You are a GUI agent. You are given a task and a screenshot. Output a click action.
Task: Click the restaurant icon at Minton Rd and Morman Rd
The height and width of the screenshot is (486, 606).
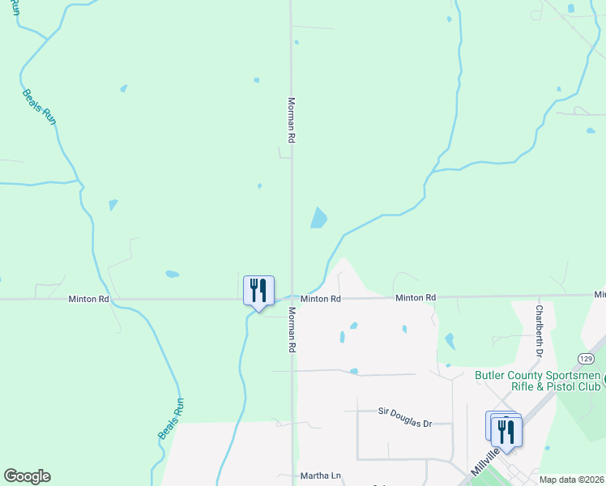click(x=258, y=291)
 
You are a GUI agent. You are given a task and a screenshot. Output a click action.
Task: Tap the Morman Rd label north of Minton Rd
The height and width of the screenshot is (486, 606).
click(x=291, y=120)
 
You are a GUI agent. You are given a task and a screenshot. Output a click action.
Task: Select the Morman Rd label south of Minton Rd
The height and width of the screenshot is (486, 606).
click(x=291, y=329)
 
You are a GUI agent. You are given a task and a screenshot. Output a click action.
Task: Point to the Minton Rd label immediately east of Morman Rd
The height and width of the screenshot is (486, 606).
click(x=321, y=299)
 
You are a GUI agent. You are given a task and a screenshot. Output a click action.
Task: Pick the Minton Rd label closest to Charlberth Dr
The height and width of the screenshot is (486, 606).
click(x=416, y=298)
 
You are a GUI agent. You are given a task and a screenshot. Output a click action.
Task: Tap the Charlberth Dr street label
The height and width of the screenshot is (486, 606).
click(x=538, y=331)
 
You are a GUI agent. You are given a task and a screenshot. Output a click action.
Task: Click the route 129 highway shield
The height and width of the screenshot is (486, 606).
click(x=587, y=358)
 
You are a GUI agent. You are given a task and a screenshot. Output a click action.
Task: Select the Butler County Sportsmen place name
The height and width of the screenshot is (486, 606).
click(x=538, y=375)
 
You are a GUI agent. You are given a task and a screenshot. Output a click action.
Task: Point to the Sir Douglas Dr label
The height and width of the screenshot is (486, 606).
click(x=406, y=412)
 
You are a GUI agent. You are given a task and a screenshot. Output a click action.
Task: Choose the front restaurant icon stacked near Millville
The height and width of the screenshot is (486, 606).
click(x=507, y=432)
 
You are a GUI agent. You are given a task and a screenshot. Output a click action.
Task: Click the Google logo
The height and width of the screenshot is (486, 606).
click(x=27, y=476)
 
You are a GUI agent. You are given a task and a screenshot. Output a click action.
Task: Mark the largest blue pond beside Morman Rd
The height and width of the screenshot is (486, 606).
click(x=319, y=217)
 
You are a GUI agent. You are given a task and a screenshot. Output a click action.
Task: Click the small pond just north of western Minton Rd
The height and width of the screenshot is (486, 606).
click(x=172, y=274)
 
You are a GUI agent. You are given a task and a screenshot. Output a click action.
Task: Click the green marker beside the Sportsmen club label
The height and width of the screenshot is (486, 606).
click(x=602, y=378)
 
